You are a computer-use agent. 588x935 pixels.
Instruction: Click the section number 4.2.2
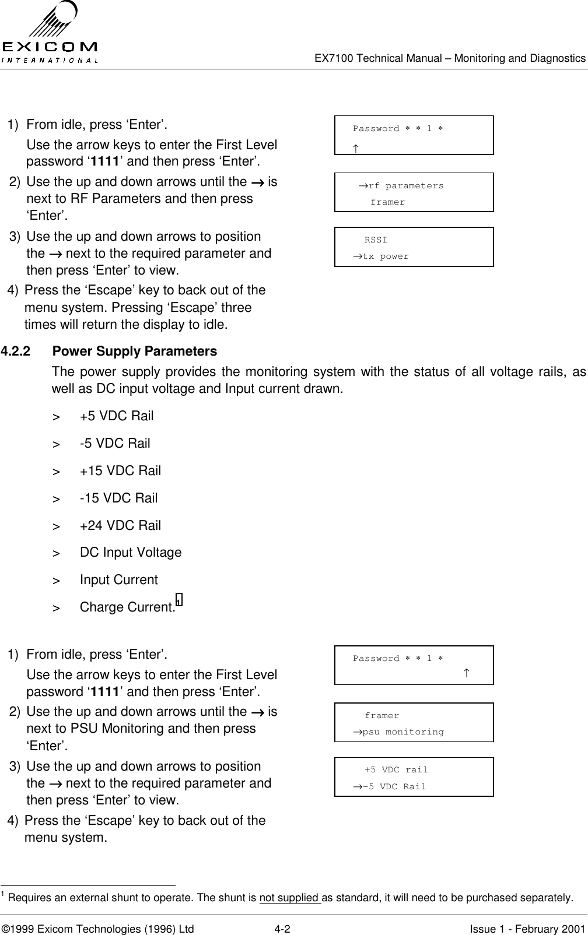[x=16, y=351]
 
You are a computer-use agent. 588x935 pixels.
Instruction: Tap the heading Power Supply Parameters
[x=134, y=351]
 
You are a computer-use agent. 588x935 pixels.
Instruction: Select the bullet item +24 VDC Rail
[x=120, y=525]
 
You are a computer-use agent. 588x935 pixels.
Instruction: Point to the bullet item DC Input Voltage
[x=131, y=552]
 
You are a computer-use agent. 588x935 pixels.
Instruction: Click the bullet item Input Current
[x=118, y=579]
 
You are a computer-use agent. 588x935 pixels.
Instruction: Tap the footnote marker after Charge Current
[x=178, y=600]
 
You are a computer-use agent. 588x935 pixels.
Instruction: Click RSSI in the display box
[x=376, y=240]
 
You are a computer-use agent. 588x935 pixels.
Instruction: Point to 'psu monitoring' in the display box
[x=403, y=732]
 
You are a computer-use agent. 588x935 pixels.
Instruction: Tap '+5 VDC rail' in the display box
[x=396, y=769]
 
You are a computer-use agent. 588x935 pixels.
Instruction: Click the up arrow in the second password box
[x=467, y=674]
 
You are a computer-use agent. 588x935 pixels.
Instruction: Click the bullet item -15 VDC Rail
[x=118, y=498]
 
